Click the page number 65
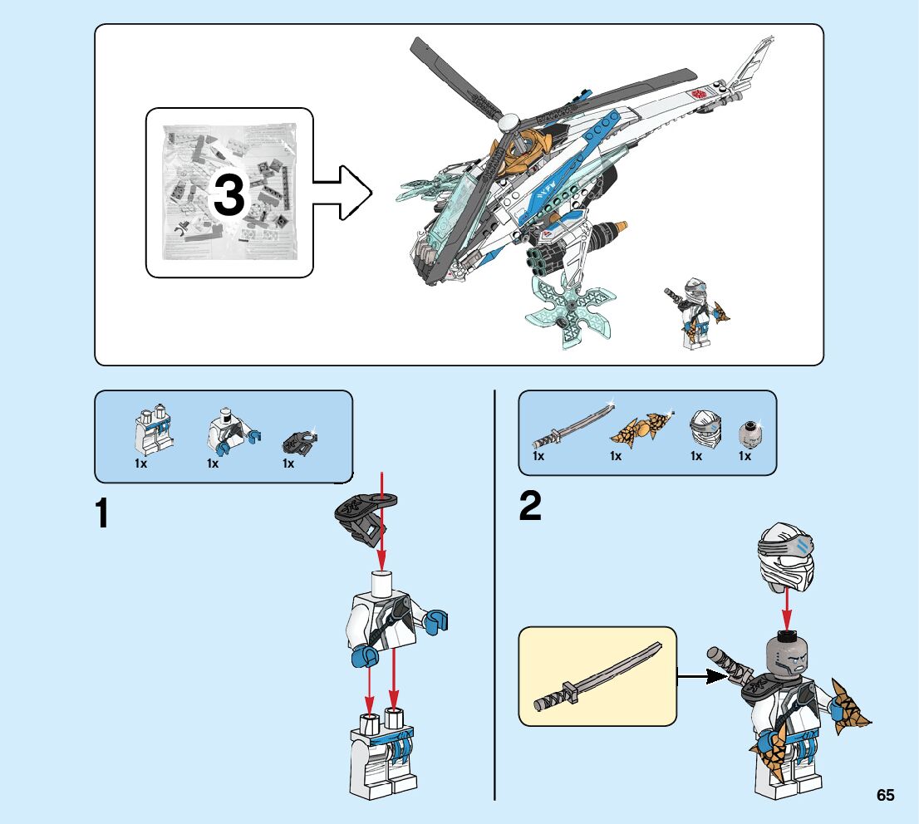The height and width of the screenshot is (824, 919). tap(886, 795)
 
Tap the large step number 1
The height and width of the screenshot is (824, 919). tap(102, 513)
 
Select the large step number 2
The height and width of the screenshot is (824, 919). tap(530, 506)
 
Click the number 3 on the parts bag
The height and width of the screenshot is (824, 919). tap(229, 195)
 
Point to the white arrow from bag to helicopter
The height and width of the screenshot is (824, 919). tap(342, 193)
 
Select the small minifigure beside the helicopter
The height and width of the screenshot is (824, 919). tap(696, 313)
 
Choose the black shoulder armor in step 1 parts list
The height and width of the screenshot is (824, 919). tap(300, 443)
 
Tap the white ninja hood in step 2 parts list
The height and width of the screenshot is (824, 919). tap(706, 429)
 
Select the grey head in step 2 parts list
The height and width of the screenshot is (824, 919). tap(749, 434)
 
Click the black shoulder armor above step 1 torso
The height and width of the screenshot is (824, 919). tap(364, 517)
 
